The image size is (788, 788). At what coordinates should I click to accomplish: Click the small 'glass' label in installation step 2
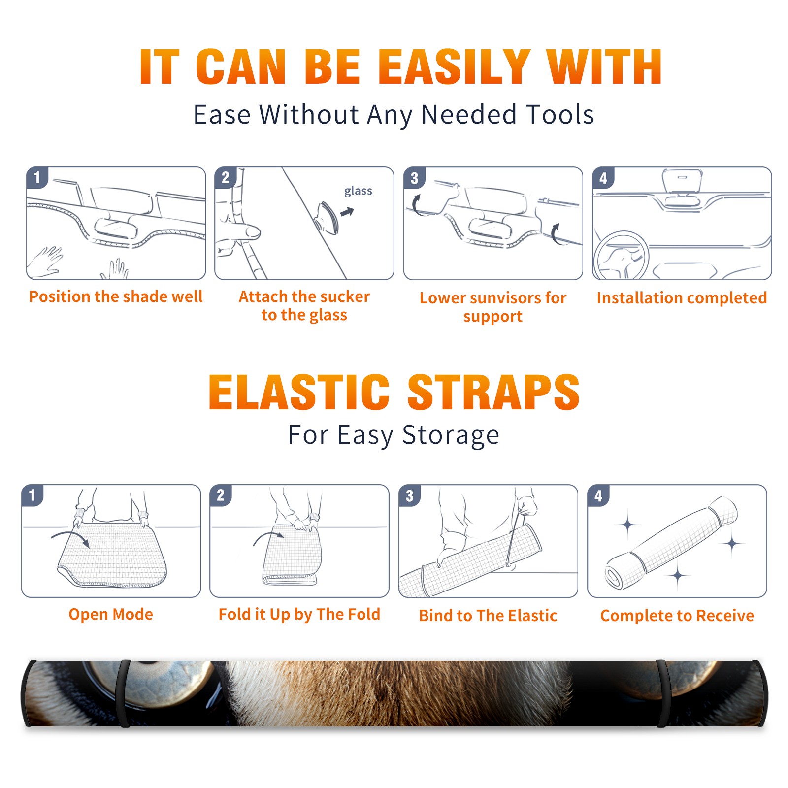tap(358, 191)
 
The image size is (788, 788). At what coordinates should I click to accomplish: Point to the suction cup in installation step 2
tap(327, 217)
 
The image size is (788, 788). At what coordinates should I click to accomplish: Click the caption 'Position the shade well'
tap(116, 296)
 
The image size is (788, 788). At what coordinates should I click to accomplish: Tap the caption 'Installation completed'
tap(682, 298)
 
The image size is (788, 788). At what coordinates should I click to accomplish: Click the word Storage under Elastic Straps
tap(451, 435)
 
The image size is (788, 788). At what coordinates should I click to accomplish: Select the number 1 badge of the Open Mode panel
tap(33, 495)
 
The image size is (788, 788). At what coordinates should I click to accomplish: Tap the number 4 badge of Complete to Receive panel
tap(598, 495)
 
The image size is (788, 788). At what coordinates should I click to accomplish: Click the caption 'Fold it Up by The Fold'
tap(299, 614)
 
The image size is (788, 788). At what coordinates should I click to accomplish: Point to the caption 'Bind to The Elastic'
tap(488, 616)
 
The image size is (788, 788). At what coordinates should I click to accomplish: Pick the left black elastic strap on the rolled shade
tap(124, 693)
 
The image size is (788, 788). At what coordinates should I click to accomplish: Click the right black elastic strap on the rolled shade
tap(663, 693)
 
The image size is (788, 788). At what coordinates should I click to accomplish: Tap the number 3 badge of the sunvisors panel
tap(414, 178)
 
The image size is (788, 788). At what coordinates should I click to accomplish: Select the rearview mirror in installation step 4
tap(682, 181)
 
